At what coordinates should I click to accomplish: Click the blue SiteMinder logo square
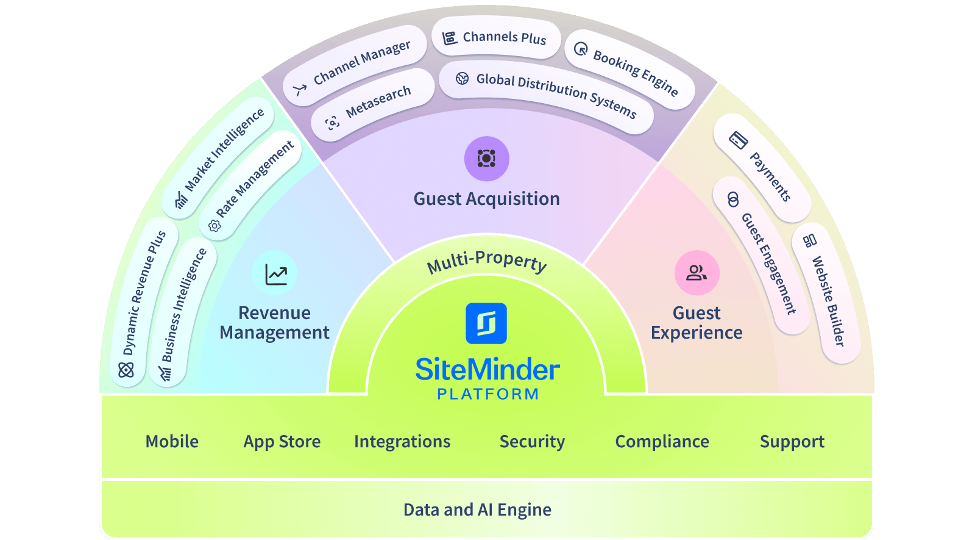click(486, 323)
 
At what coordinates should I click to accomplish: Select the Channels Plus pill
click(496, 38)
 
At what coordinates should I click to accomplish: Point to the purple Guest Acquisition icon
click(486, 159)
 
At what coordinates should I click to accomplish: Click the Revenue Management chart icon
click(275, 274)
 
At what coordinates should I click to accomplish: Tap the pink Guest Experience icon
click(697, 273)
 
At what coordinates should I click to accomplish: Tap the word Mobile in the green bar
click(172, 442)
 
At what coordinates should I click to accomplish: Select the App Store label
click(282, 442)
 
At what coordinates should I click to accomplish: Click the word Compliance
click(662, 442)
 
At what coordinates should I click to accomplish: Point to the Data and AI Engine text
click(477, 510)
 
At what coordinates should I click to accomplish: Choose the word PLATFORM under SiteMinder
click(487, 394)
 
